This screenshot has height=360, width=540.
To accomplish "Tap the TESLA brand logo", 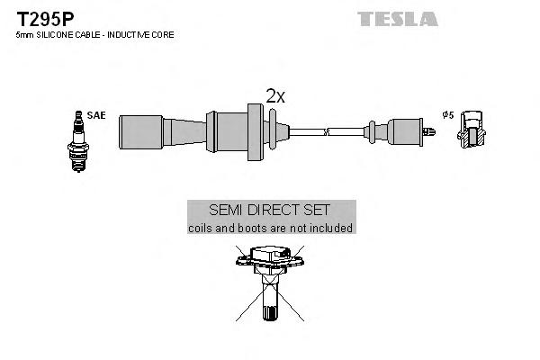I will point(397,18).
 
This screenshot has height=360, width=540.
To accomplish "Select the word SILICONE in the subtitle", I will point(50,34).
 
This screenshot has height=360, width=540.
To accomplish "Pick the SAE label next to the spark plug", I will point(95,115).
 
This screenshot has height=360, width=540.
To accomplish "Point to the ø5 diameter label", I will point(447,115).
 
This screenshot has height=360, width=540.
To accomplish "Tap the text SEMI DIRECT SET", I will point(271,210).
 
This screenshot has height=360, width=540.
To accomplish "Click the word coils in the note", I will point(202,229).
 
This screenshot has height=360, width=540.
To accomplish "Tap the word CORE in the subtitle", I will point(164,34).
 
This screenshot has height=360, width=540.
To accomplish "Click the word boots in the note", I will point(250,229).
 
